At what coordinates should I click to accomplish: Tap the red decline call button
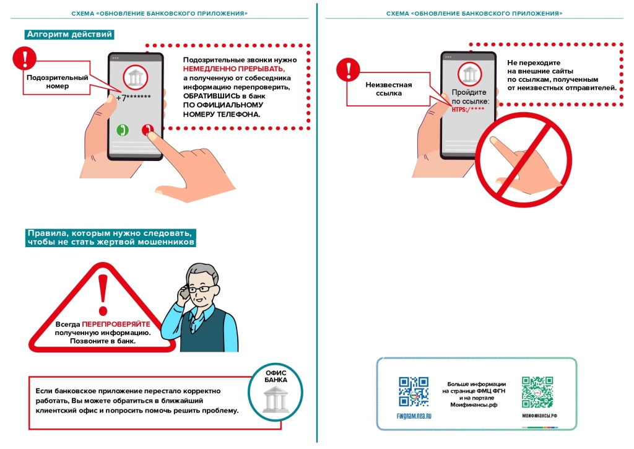click(x=147, y=130)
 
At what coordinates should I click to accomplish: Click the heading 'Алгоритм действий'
click(x=69, y=35)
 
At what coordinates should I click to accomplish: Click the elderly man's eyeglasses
click(x=202, y=289)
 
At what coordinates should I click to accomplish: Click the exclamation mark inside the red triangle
click(x=103, y=294)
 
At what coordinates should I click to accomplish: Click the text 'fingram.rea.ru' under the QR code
click(x=414, y=416)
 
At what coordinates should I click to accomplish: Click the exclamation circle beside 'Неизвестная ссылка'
click(x=347, y=68)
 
